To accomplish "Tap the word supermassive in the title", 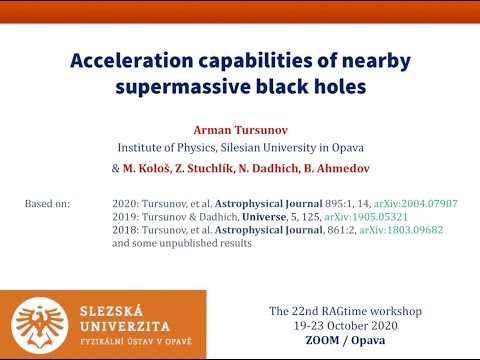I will [174, 86].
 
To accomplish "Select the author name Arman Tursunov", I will [241, 129].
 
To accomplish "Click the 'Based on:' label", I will [48, 204].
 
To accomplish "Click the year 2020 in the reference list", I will [127, 204].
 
